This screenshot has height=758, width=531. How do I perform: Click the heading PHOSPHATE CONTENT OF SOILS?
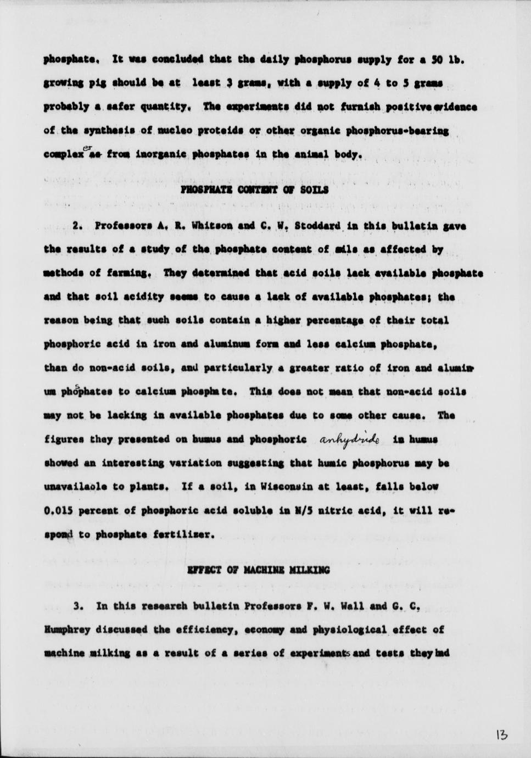[254, 189]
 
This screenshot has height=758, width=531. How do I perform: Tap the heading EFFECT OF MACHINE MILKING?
[259, 570]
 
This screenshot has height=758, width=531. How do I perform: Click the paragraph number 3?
[78, 606]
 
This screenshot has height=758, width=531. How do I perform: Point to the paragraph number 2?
[77, 226]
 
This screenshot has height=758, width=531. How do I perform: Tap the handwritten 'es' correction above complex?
[87, 147]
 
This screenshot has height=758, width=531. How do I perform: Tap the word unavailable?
[71, 487]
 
